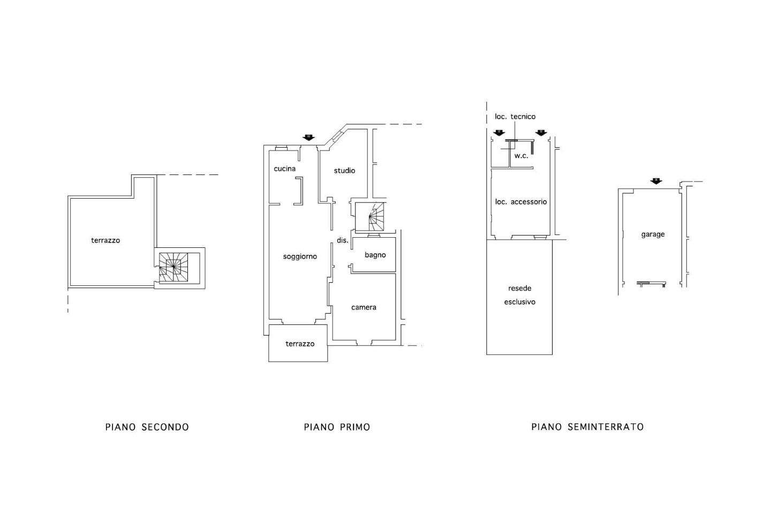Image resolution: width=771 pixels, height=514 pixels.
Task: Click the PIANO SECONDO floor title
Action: pos(147,427)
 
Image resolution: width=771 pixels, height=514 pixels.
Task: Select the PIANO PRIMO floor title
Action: pos(337,427)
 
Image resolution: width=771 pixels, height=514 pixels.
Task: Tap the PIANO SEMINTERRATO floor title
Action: pos(587,427)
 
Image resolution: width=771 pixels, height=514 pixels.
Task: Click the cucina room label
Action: pos(285,169)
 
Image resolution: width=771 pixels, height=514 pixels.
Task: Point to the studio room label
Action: pos(345,170)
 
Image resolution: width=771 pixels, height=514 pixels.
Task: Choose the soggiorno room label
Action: pos(300,256)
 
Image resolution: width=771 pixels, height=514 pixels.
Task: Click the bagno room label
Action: pos(375,255)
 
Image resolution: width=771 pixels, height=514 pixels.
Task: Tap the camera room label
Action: pos(364,307)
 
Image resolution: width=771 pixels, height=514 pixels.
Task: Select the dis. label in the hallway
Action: pos(343,240)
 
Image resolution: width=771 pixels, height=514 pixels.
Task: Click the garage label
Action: pos(653,235)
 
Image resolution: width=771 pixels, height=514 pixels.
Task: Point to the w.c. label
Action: pos(521,156)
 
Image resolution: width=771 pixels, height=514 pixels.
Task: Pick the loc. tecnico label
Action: pos(515,117)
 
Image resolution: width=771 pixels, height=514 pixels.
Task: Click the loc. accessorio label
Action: pos(521,202)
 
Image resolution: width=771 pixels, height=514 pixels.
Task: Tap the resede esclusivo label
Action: pos(520,295)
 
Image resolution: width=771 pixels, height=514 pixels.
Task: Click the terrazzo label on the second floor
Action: pos(105,240)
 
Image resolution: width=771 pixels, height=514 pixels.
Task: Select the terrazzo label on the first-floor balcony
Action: pos(300,344)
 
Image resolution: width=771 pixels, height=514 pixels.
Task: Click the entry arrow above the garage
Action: pos(656,181)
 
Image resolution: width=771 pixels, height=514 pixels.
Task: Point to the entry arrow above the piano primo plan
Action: pos(309,138)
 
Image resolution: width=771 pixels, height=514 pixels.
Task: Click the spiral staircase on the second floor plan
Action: pos(173,267)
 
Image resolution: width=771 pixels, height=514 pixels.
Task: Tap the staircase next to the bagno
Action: pos(376,217)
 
